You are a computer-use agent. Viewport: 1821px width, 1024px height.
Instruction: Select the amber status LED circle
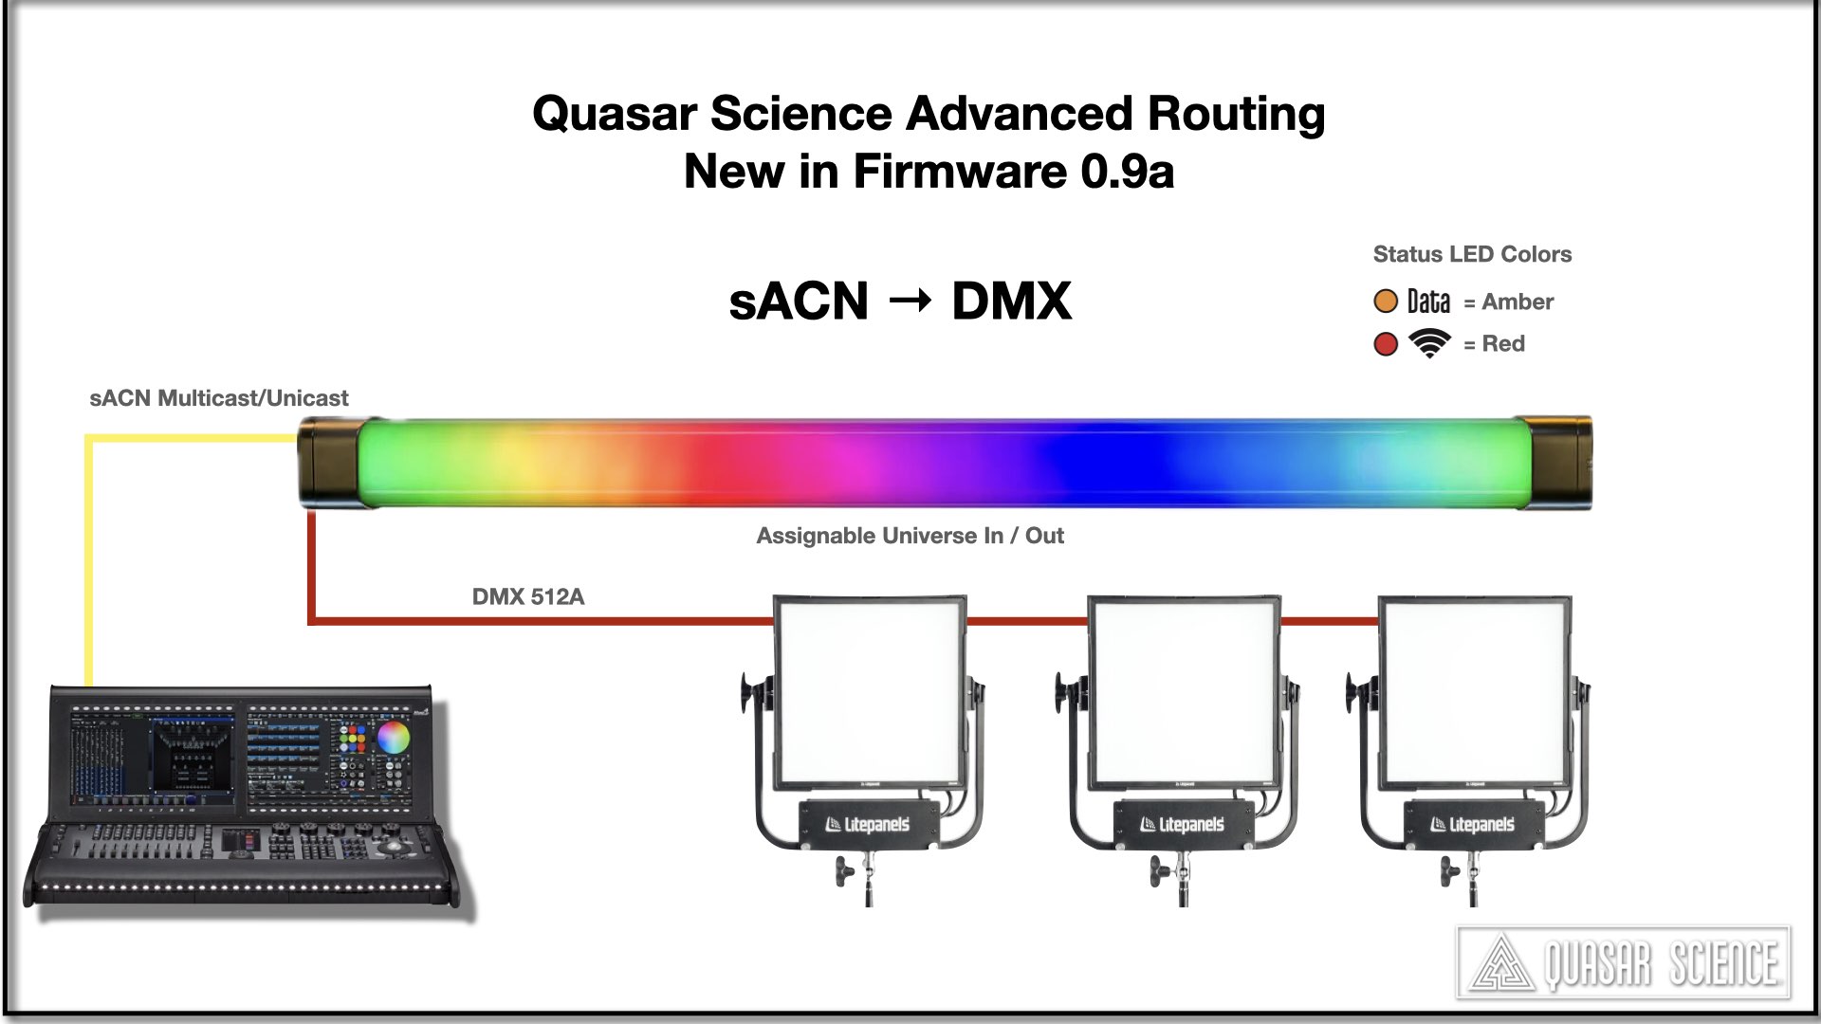[x=1386, y=302]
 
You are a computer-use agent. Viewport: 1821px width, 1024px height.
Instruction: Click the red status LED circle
[x=1386, y=343]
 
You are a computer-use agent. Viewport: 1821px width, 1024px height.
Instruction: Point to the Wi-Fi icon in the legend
[x=1429, y=342]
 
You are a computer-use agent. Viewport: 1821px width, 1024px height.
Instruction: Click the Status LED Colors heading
[x=1472, y=254]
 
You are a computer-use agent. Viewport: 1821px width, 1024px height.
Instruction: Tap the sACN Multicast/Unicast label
[x=219, y=398]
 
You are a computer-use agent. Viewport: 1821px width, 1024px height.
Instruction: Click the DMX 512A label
[x=528, y=596]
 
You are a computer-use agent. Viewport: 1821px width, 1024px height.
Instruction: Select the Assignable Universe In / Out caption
[x=910, y=536]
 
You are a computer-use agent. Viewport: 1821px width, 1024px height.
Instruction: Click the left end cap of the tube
[x=327, y=462]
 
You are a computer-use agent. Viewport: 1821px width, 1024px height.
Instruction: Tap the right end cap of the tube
[x=1553, y=462]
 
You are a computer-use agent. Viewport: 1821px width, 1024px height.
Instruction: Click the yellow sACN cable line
[x=89, y=559]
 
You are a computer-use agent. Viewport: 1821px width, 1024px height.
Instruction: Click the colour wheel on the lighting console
[x=393, y=737]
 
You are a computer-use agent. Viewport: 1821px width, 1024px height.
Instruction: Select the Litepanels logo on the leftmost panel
[x=868, y=824]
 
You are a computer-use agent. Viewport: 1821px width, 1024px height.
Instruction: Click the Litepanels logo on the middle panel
[x=1183, y=824]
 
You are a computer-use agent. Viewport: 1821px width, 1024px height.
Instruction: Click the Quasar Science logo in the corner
[x=1623, y=963]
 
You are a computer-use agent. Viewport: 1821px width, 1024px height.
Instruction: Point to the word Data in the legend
[x=1428, y=302]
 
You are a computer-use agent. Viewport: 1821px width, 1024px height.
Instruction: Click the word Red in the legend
[x=1503, y=343]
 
